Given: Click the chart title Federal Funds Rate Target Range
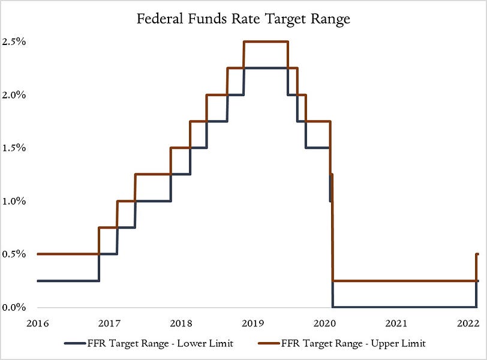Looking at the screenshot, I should pos(243,19).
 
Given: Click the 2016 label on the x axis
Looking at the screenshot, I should pos(37,323).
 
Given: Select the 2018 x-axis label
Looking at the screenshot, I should pos(181,323).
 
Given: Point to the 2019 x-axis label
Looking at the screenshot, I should pos(252,323).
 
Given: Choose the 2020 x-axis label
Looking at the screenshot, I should pos(324,323).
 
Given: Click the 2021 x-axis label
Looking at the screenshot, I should pos(396,323).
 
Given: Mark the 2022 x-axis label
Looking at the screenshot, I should pos(468,323).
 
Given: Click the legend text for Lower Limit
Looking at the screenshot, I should pos(164,343).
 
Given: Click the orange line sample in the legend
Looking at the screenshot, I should pos(269,343).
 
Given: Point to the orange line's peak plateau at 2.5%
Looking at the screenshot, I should pos(266,41).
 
